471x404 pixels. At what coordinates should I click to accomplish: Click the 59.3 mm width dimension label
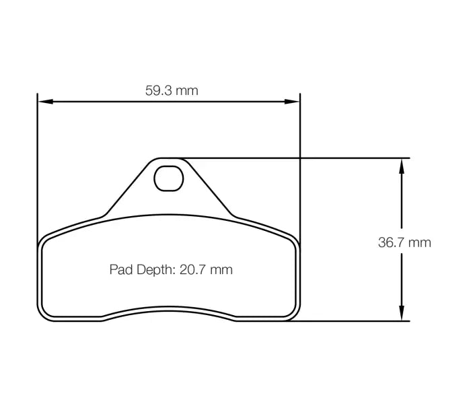point(172,90)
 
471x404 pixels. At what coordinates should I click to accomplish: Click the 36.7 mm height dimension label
point(404,242)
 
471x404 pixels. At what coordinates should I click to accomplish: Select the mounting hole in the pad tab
point(168,178)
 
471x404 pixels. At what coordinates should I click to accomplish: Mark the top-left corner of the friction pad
point(45,240)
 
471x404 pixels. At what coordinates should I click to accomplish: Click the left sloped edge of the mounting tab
point(128,189)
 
